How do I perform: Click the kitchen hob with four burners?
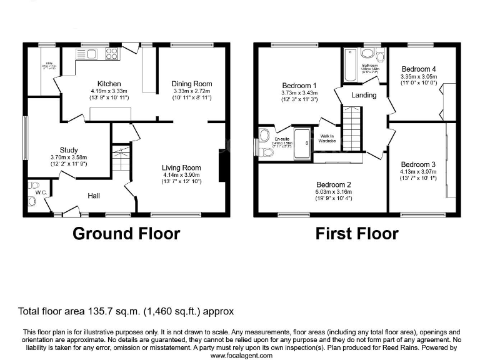pyautogui.click(x=112, y=53)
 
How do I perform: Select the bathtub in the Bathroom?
pyautogui.click(x=351, y=67)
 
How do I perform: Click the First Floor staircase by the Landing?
pyautogui.click(x=352, y=127)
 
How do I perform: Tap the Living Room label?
pyautogui.click(x=181, y=167)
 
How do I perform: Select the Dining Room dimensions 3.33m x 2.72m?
pyautogui.click(x=192, y=91)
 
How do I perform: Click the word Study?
pyautogui.click(x=69, y=150)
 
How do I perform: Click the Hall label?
pyautogui.click(x=94, y=196)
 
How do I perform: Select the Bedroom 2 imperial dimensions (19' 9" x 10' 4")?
pyautogui.click(x=333, y=199)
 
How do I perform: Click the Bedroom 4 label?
pyautogui.click(x=419, y=69)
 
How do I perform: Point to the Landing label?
pyautogui.click(x=364, y=96)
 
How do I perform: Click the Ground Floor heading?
pyautogui.click(x=126, y=234)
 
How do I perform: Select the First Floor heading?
pyautogui.click(x=356, y=234)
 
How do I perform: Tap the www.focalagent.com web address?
pyautogui.click(x=241, y=355)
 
